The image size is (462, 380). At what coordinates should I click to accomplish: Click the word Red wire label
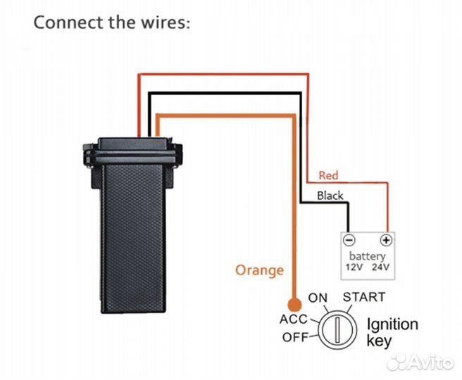pyautogui.click(x=328, y=175)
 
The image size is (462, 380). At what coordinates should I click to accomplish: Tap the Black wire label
pyautogui.click(x=330, y=196)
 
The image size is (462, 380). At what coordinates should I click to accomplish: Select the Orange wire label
pyautogui.click(x=259, y=270)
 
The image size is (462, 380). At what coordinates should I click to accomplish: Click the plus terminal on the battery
pyautogui.click(x=385, y=239)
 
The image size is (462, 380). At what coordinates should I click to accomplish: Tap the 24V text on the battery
pyautogui.click(x=380, y=268)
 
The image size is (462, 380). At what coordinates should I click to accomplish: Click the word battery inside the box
pyautogui.click(x=366, y=255)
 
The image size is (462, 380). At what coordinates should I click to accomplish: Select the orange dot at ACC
pyautogui.click(x=294, y=305)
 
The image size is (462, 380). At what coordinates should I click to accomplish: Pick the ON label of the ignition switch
pyautogui.click(x=318, y=298)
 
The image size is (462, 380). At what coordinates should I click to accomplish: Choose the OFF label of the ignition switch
pyautogui.click(x=296, y=337)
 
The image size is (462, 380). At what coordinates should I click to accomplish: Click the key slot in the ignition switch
pyautogui.click(x=337, y=329)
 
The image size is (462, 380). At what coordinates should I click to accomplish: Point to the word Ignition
pyautogui.click(x=392, y=324)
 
